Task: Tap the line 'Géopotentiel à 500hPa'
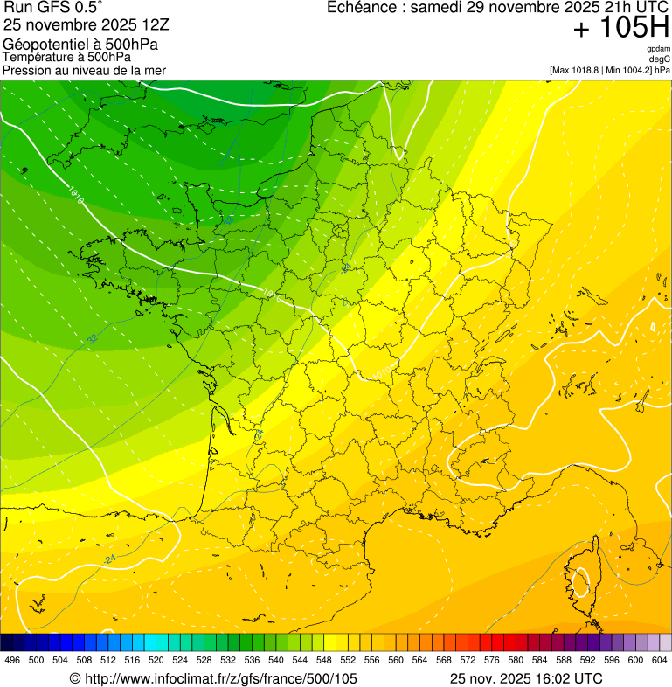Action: (x=80, y=45)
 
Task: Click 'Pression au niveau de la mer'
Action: (x=84, y=70)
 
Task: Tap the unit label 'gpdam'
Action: (x=658, y=49)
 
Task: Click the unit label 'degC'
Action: (x=660, y=59)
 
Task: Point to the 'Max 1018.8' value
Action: (x=578, y=69)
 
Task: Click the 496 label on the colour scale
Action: (x=12, y=660)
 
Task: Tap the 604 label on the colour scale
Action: (x=660, y=660)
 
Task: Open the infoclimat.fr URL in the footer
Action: (x=213, y=678)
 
